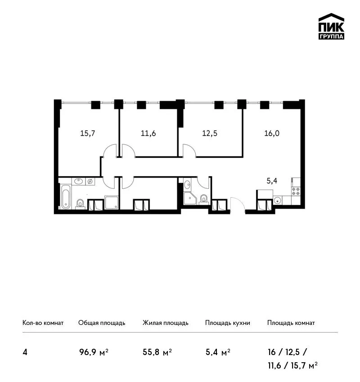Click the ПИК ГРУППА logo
pyautogui.click(x=331, y=27)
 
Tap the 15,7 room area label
pyautogui.click(x=88, y=133)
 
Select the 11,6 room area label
pyautogui.click(x=148, y=133)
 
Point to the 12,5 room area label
pyautogui.click(x=210, y=133)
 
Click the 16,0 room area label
pyautogui.click(x=272, y=133)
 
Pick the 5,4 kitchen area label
pyautogui.click(x=272, y=181)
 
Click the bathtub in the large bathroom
pyautogui.click(x=65, y=197)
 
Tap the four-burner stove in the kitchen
pyautogui.click(x=296, y=191)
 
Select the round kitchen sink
pyautogui.click(x=277, y=200)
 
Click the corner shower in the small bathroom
pyautogui.click(x=189, y=198)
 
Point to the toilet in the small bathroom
pyautogui.click(x=204, y=199)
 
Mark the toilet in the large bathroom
pyautogui.click(x=80, y=204)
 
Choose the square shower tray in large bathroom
pyautogui.click(x=112, y=202)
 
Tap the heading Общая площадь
pyautogui.click(x=102, y=323)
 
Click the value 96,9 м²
pyautogui.click(x=94, y=352)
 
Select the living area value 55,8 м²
pyautogui.click(x=157, y=352)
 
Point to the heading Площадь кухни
pyautogui.click(x=228, y=323)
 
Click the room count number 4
pyautogui.click(x=25, y=352)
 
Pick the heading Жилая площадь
pyautogui.click(x=166, y=323)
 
